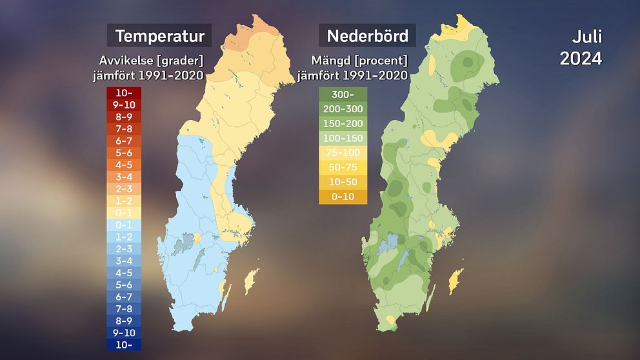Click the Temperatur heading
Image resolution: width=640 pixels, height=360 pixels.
click(159, 35)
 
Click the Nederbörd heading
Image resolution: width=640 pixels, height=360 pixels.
click(367, 35)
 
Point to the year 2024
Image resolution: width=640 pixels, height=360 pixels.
click(581, 58)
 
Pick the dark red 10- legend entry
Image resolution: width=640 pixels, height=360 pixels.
click(124, 93)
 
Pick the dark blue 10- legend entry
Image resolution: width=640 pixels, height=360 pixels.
click(124, 344)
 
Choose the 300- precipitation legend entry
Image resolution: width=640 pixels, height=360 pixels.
click(343, 95)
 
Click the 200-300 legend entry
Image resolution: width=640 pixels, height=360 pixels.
click(343, 109)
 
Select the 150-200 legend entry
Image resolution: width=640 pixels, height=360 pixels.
click(343, 124)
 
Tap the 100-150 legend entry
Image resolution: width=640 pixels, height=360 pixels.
click(343, 138)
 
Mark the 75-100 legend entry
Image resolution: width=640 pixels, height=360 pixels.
click(343, 153)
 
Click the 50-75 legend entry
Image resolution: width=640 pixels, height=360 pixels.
click(343, 167)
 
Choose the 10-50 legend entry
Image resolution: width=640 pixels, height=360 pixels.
click(343, 182)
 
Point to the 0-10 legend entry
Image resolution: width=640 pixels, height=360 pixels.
click(343, 196)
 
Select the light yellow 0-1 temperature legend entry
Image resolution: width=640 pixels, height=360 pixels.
click(124, 213)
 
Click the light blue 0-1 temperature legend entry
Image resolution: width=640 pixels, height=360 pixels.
click(124, 225)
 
